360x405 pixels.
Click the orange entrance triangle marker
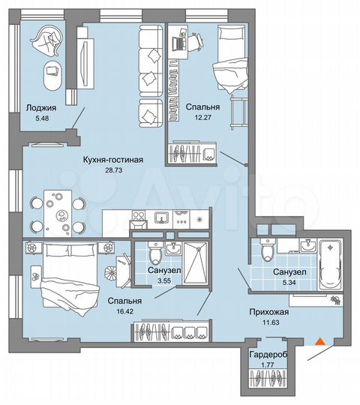click(x=319, y=341)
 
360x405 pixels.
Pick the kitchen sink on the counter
click(x=160, y=217)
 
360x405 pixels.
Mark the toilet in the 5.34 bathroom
click(x=268, y=248)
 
